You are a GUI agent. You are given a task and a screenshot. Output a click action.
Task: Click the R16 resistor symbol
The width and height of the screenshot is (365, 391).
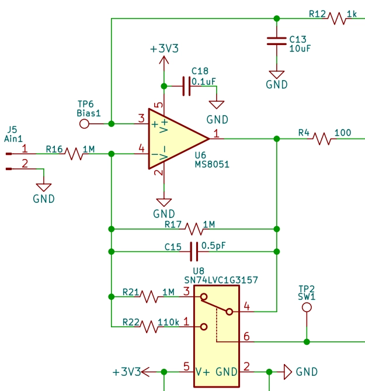click(75, 154)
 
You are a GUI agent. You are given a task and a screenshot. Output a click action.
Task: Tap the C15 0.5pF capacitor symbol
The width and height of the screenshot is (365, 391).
click(194, 252)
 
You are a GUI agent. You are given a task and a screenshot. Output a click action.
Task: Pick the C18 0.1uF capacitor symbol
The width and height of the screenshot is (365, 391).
click(186, 86)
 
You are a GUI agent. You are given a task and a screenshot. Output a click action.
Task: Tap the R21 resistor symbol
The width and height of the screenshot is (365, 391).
click(150, 297)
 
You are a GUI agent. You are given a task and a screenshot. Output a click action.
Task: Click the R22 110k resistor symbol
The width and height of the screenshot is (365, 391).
click(150, 327)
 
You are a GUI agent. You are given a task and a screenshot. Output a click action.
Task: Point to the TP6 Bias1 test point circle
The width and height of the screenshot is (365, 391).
click(85, 124)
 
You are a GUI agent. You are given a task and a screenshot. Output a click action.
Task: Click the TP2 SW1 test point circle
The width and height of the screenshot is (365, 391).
click(306, 307)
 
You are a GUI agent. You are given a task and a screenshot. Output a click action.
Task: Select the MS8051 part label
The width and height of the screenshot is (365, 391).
click(211, 165)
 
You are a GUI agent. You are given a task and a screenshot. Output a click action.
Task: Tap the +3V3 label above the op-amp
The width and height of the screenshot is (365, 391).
click(164, 49)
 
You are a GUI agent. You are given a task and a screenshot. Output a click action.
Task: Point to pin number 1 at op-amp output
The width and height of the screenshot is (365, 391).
click(217, 134)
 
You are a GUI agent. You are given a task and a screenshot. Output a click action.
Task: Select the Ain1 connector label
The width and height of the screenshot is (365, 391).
click(13, 139)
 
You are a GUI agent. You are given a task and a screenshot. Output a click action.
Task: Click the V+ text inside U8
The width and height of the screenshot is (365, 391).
click(203, 372)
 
